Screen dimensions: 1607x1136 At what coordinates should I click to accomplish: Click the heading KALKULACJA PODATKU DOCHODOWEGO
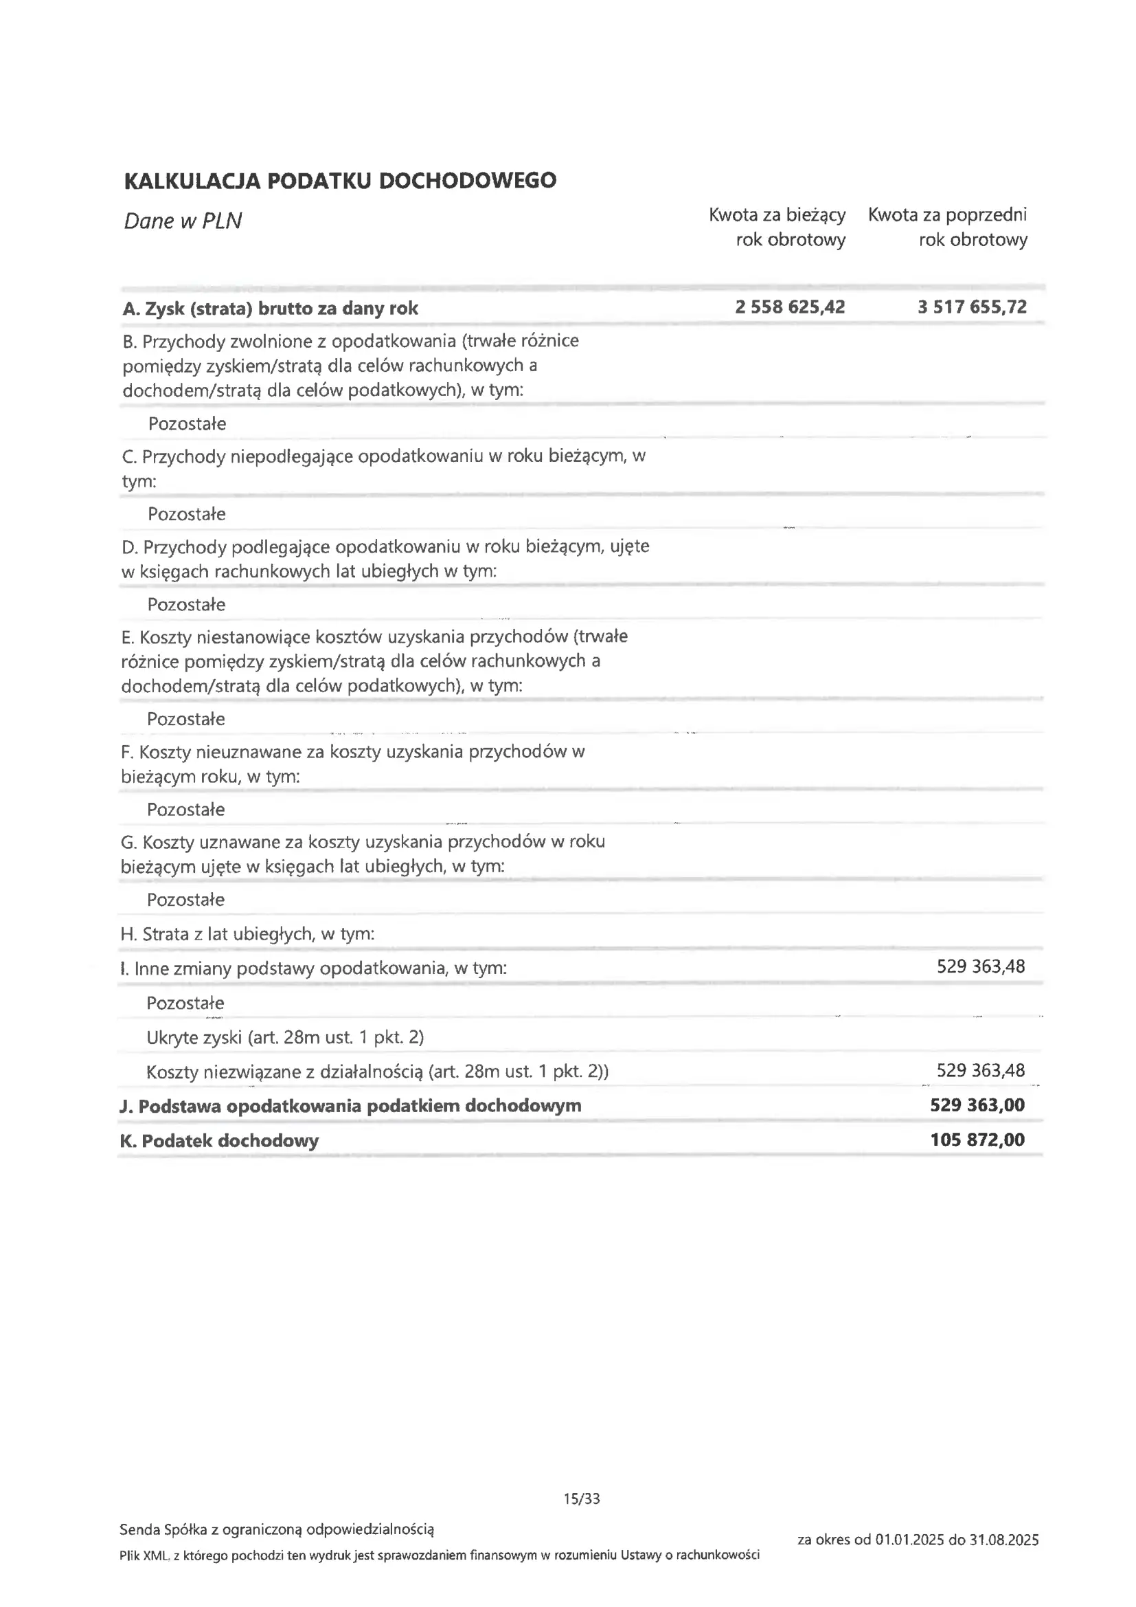pos(340,181)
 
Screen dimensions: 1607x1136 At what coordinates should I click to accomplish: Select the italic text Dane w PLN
pos(183,221)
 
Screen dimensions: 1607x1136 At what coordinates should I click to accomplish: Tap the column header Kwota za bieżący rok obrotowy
pos(777,227)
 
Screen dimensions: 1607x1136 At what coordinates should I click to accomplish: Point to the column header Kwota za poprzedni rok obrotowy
pos(948,227)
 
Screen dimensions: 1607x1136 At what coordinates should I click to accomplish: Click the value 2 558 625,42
pos(790,307)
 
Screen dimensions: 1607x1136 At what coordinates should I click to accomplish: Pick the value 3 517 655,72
pos(972,307)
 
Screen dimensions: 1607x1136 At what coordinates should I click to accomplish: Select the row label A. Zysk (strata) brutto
pos(270,309)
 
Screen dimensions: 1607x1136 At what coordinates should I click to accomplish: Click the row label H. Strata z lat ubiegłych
pos(248,933)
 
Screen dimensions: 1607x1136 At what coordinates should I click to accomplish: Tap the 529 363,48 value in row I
pos(981,966)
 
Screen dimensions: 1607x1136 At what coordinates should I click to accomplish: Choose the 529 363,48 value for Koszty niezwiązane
pos(981,1070)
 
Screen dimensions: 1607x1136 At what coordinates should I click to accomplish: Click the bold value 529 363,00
pos(977,1105)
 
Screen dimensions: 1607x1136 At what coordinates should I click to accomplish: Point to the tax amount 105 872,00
pos(977,1140)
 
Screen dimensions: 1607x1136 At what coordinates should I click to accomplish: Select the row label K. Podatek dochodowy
pos(220,1141)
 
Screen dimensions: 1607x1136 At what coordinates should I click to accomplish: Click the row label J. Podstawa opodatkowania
pos(350,1106)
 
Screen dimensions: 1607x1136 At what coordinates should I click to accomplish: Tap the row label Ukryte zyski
pos(286,1037)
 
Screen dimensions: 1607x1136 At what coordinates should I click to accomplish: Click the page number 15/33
pos(582,1498)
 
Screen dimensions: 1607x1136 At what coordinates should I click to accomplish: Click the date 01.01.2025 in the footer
pos(909,1540)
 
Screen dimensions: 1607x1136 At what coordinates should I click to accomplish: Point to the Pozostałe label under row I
pos(185,1003)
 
